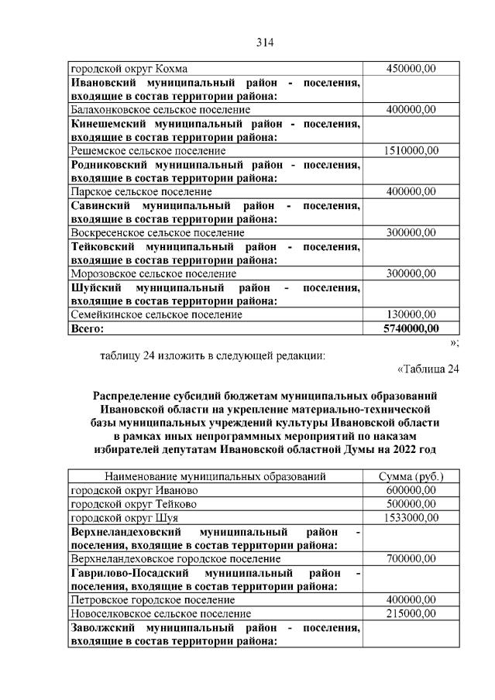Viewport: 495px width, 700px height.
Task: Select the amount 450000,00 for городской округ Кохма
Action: (x=411, y=69)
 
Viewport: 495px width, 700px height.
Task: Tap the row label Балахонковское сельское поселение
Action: (x=160, y=110)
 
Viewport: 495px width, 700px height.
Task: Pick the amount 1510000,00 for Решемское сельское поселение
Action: (x=411, y=150)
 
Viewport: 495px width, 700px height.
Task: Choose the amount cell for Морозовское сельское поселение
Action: (x=411, y=273)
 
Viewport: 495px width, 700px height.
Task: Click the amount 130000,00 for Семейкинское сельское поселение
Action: (x=411, y=314)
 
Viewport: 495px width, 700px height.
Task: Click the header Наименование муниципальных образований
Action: (x=215, y=476)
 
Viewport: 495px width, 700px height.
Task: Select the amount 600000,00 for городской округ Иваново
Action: (x=411, y=490)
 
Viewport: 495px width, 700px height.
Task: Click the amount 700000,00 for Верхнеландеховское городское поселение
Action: (x=411, y=558)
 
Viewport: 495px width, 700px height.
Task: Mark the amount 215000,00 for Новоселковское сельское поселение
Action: (x=411, y=613)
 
